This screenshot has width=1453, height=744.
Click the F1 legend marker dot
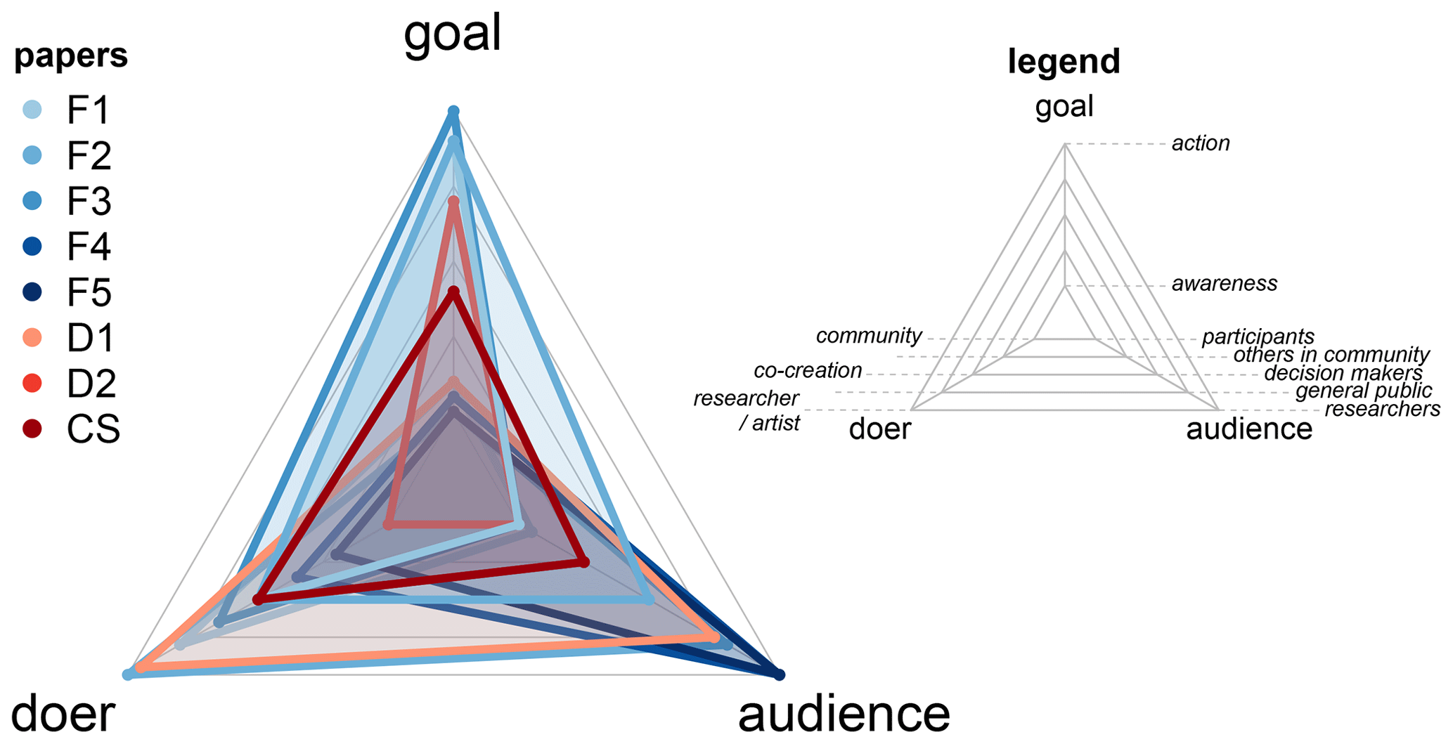[32, 110]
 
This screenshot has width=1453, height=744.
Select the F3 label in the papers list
[89, 201]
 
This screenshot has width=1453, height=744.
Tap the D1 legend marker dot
[32, 338]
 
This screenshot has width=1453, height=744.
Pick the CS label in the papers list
[93, 429]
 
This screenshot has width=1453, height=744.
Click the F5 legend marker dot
[32, 292]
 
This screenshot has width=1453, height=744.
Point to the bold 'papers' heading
[71, 56]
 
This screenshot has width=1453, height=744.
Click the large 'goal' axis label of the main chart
[452, 33]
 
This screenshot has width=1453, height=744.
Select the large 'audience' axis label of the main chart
[844, 713]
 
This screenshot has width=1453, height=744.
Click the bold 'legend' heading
[1064, 61]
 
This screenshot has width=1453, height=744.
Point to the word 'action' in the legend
[1201, 143]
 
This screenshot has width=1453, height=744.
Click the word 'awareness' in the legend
[1225, 284]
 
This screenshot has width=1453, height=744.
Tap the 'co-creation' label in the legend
[808, 370]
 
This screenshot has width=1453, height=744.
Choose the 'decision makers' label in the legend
[1343, 373]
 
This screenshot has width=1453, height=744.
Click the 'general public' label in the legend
[1363, 391]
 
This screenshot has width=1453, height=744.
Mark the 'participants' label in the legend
[1258, 337]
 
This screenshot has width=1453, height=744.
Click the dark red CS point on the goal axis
[453, 292]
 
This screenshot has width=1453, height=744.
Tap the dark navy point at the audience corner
[779, 675]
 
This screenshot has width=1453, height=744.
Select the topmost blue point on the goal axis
[453, 111]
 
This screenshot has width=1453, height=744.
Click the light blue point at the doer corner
[128, 675]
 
